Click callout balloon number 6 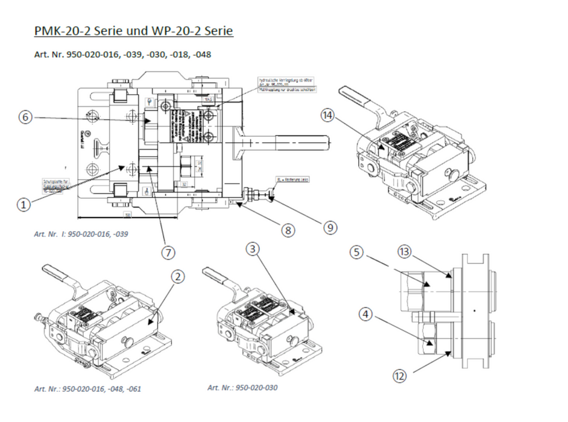click(x=25, y=118)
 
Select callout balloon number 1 click(x=23, y=205)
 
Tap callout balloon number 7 click(x=168, y=253)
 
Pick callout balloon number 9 click(x=330, y=227)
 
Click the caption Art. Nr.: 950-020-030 click(x=242, y=388)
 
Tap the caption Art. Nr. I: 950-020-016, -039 click(x=81, y=233)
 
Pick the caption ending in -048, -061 click(x=87, y=389)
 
